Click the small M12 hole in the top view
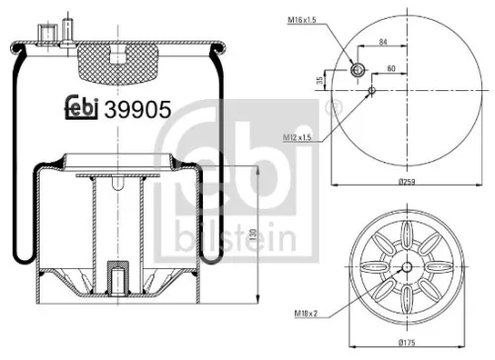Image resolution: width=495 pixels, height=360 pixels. pos(371,92)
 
